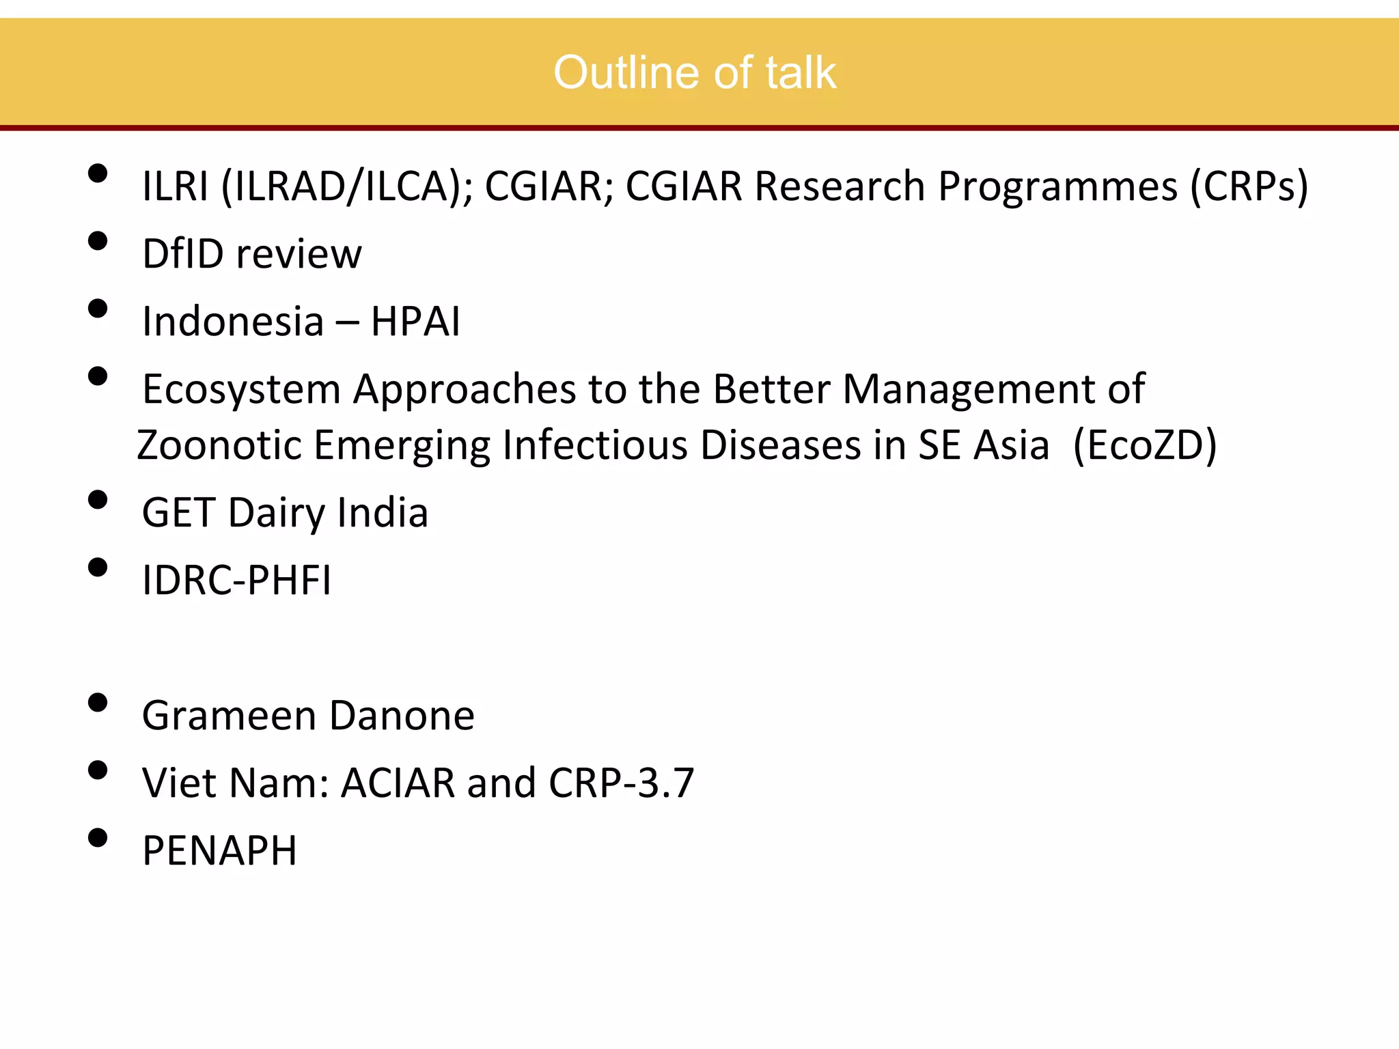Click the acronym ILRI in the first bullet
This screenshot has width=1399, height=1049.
pyautogui.click(x=175, y=186)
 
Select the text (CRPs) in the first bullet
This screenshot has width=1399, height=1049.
pyautogui.click(x=1249, y=186)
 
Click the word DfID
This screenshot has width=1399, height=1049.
pyautogui.click(x=182, y=253)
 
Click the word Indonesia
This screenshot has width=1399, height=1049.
pyautogui.click(x=232, y=321)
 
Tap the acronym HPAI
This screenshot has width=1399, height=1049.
pyautogui.click(x=415, y=321)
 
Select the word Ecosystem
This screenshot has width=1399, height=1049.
pyautogui.click(x=241, y=390)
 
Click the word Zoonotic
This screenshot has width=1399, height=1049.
pyautogui.click(x=219, y=445)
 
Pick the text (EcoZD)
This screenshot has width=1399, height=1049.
pyautogui.click(x=1145, y=445)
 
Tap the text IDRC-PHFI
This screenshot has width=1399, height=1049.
pyautogui.click(x=236, y=581)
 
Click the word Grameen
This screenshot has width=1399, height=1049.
pyautogui.click(x=229, y=716)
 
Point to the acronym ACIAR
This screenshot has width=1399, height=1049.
pyautogui.click(x=398, y=783)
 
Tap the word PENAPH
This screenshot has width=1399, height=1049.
pyautogui.click(x=219, y=850)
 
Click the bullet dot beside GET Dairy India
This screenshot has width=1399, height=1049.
pyautogui.click(x=98, y=500)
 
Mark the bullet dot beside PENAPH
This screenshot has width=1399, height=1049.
pyautogui.click(x=98, y=838)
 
